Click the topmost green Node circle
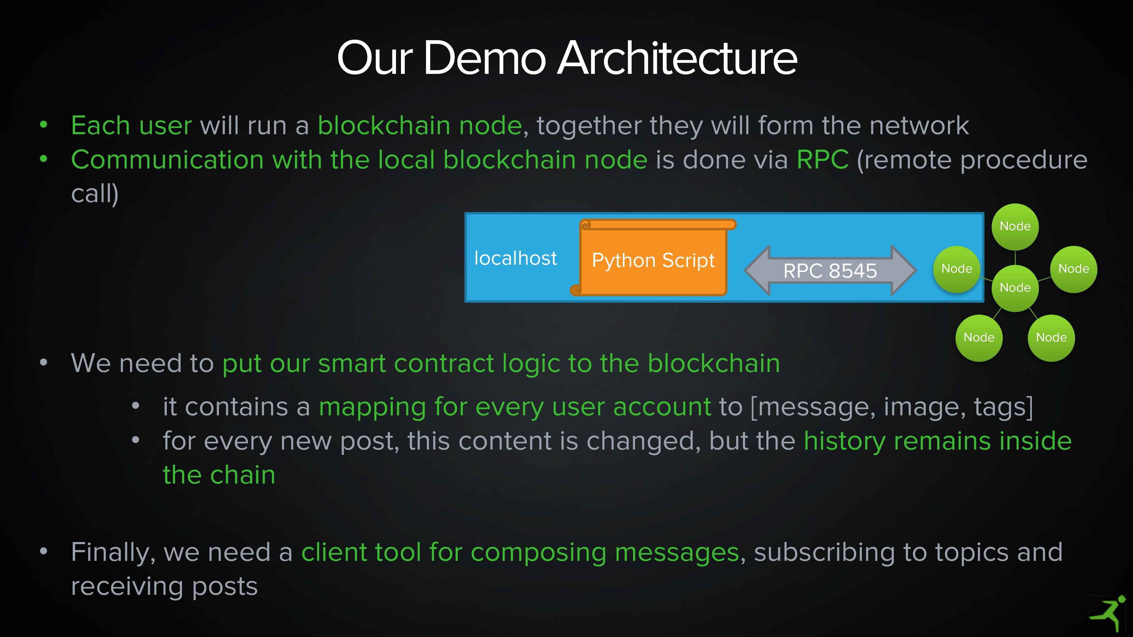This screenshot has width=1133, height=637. click(x=1015, y=227)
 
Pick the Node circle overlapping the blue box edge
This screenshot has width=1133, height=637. click(x=957, y=269)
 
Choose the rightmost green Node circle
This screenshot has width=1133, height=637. click(x=1074, y=269)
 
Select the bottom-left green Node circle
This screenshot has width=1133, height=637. click(x=979, y=338)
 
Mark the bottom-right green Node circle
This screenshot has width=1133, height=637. click(x=1051, y=338)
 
